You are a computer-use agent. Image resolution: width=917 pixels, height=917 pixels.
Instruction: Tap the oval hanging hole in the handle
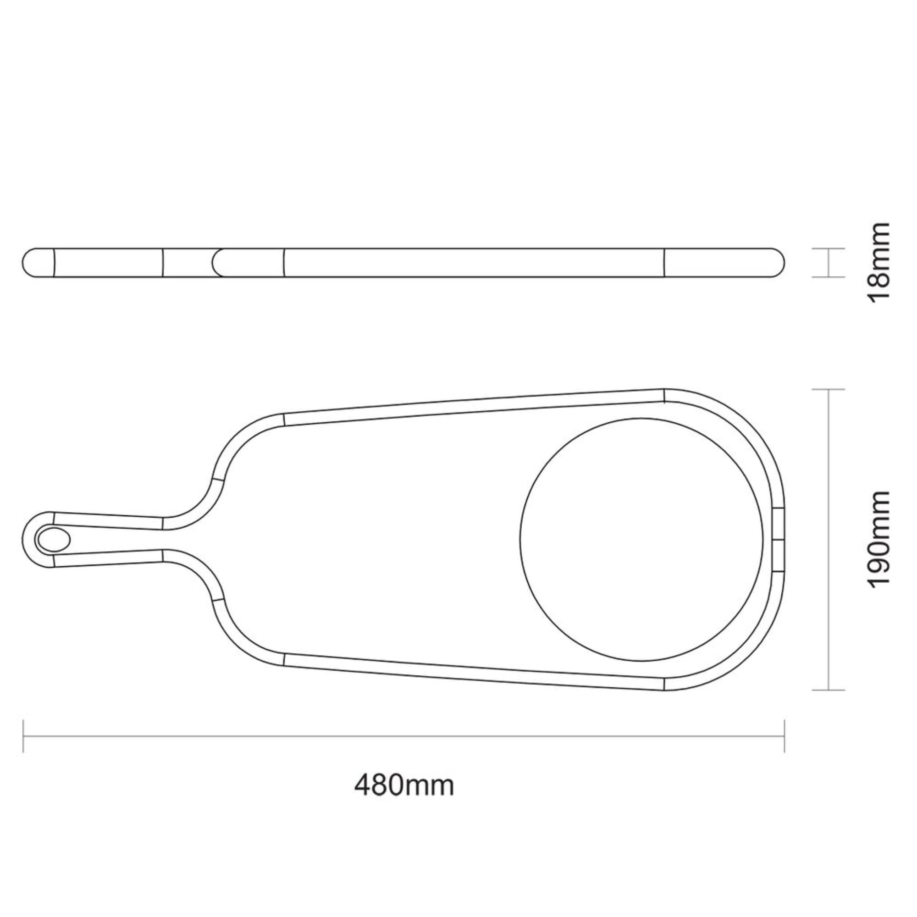tap(54, 540)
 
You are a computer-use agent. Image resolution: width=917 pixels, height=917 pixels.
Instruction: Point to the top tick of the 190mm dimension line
tap(829, 389)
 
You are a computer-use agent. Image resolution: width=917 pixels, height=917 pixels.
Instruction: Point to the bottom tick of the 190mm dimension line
tap(829, 690)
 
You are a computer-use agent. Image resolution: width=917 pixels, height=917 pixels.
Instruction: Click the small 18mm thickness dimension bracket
tap(829, 262)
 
